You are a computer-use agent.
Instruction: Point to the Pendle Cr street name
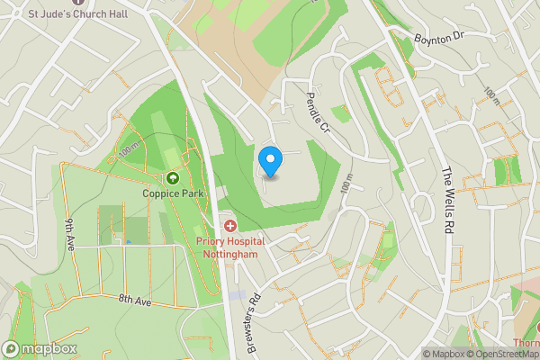tap(319, 112)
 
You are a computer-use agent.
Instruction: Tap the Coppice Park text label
tap(173, 193)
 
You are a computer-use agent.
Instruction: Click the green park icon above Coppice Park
tap(173, 178)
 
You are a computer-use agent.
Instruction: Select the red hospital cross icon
tap(229, 226)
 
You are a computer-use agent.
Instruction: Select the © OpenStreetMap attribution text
tap(496, 354)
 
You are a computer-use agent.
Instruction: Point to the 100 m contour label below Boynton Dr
tap(490, 96)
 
